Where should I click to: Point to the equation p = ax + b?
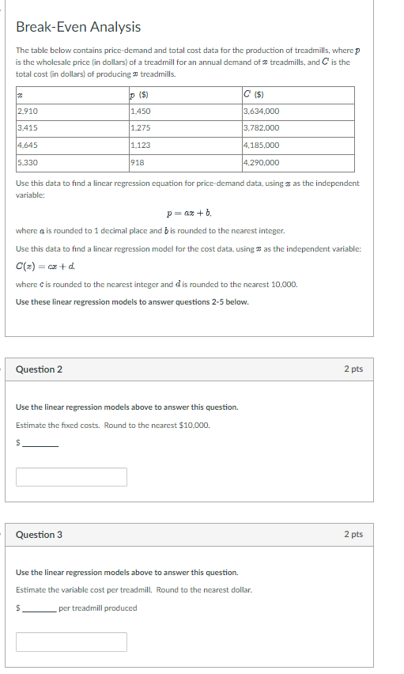pos(189,213)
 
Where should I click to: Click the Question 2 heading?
pos(40,369)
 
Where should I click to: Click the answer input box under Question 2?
pos(71,477)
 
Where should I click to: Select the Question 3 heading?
pos(40,535)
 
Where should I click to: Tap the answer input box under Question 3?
pos(71,642)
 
